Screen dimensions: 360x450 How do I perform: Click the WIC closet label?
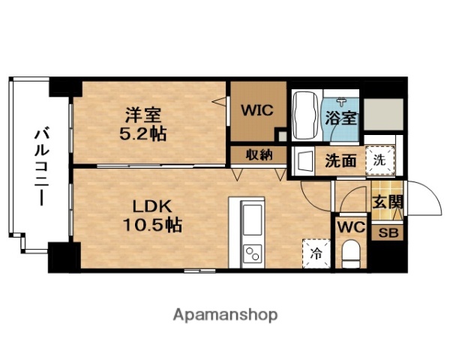click(x=256, y=109)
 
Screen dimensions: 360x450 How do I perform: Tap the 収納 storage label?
click(x=256, y=154)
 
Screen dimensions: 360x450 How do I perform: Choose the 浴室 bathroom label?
click(x=341, y=118)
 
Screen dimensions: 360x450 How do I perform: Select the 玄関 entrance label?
click(x=388, y=201)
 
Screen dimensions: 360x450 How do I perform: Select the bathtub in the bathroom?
click(x=304, y=116)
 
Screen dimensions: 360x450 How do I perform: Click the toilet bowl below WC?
click(x=350, y=253)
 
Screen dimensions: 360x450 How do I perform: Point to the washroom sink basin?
click(x=303, y=160)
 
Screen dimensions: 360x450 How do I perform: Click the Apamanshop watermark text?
click(x=224, y=314)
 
